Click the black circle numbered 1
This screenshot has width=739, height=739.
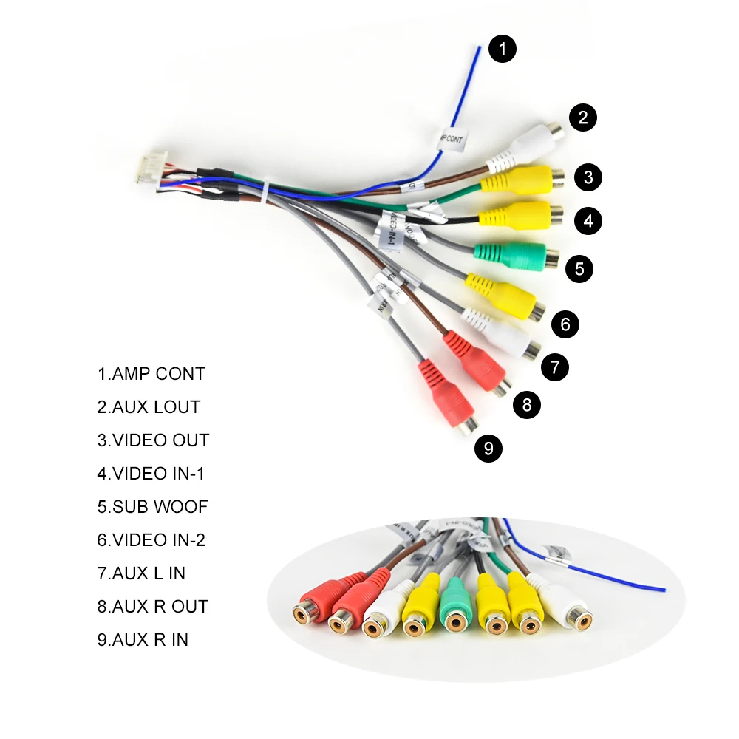[502, 50]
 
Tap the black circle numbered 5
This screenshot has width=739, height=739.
[579, 268]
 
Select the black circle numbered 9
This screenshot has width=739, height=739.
[488, 449]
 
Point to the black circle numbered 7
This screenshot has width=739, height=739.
[555, 367]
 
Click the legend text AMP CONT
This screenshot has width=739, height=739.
[151, 374]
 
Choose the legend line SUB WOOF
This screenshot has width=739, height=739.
[152, 507]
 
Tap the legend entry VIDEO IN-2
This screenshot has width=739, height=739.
[151, 540]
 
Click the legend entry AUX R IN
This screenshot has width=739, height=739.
[143, 640]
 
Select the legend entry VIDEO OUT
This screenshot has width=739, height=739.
[153, 440]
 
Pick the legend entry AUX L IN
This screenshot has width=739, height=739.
[141, 573]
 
